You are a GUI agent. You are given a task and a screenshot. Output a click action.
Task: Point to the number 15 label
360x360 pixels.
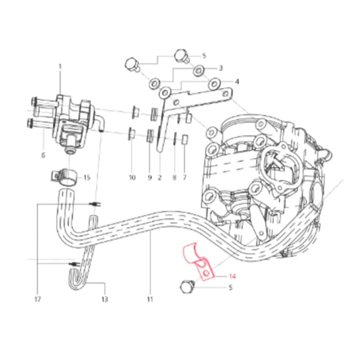click(x=86, y=178)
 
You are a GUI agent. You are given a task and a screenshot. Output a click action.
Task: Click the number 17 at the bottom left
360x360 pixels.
click(x=38, y=298)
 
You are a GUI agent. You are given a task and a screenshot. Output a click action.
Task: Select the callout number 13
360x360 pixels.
click(x=104, y=298)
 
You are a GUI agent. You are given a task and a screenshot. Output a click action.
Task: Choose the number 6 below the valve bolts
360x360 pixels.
click(x=43, y=154)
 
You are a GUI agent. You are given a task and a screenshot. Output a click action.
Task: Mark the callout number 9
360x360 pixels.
click(x=149, y=178)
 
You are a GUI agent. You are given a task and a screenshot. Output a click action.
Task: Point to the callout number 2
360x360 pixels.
click(x=160, y=178)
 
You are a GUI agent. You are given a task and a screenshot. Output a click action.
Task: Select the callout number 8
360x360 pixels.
click(x=174, y=178)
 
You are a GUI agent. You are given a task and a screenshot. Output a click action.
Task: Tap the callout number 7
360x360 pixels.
click(x=185, y=178)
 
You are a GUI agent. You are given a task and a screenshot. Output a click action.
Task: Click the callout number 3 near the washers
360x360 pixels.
click(x=220, y=68)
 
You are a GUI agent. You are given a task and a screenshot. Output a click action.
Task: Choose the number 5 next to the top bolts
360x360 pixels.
click(x=204, y=56)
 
